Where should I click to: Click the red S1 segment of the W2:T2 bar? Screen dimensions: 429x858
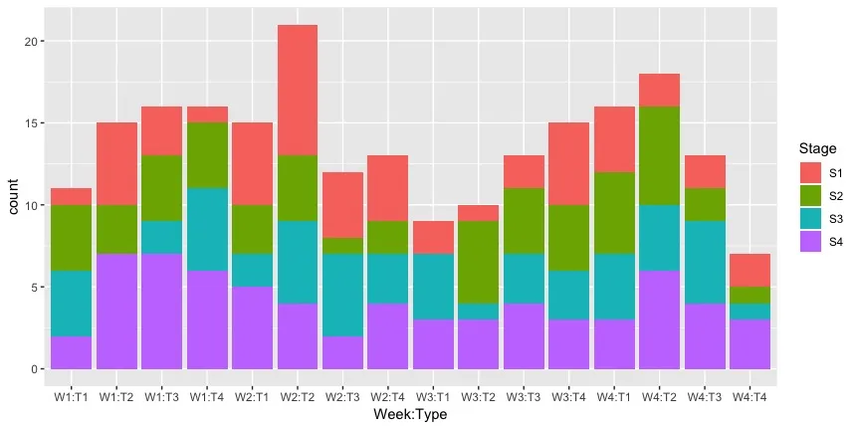coord(298,91)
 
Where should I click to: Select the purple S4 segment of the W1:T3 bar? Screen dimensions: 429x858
coord(161,312)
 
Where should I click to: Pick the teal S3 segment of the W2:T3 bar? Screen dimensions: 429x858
coord(343,295)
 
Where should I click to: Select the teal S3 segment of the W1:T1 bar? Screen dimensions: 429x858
coord(71,304)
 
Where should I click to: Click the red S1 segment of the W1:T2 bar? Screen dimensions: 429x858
coord(115,164)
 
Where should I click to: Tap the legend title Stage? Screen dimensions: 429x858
coord(817,148)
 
